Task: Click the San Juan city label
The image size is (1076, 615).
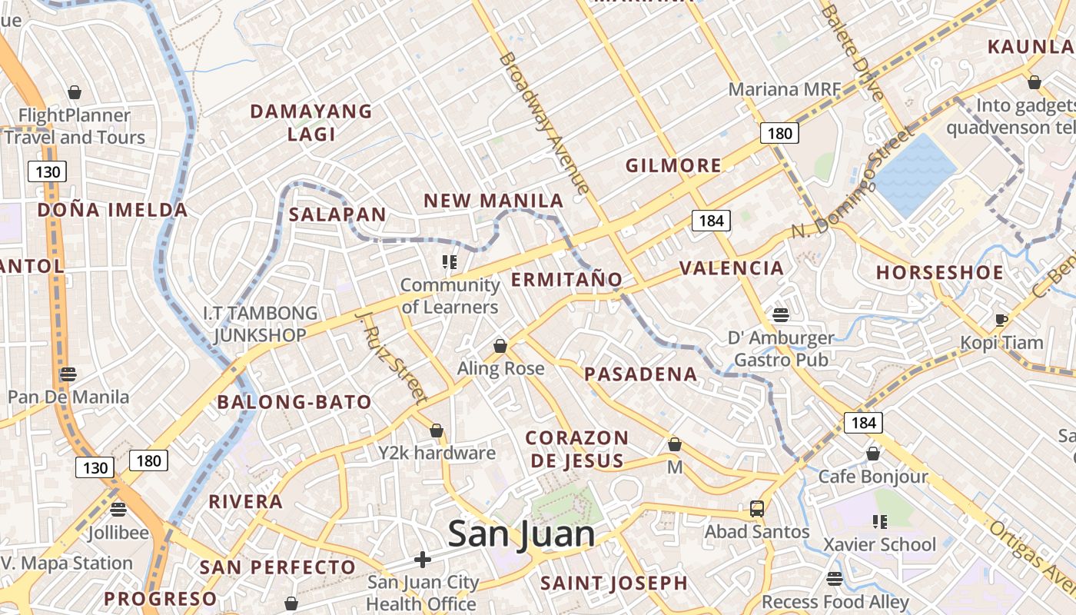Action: (521, 534)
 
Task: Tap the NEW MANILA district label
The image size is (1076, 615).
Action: (493, 201)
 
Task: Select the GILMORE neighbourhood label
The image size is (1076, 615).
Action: (673, 165)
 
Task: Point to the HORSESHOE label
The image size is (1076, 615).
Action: (940, 273)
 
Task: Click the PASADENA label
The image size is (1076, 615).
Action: (641, 374)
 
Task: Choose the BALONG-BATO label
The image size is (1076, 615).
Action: (294, 402)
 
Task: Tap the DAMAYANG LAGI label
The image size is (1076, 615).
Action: (311, 122)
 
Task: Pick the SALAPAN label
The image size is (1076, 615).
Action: (337, 214)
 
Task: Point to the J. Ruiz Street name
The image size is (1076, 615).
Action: (391, 357)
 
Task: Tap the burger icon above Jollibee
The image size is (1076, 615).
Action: (118, 509)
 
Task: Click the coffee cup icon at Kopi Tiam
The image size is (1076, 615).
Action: (1001, 320)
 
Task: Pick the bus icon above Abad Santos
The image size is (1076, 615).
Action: (757, 508)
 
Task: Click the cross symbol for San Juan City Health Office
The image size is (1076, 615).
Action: (423, 559)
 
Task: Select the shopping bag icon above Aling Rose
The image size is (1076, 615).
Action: (500, 346)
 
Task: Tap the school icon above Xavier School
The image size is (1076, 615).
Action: (880, 522)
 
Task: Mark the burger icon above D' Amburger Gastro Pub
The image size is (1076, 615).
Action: (781, 314)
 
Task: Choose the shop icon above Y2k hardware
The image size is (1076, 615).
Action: (437, 430)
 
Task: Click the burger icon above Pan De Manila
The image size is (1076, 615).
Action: (68, 374)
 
